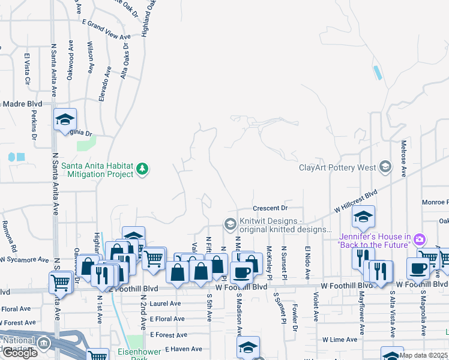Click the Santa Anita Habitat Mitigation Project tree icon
pyautogui.click(x=142, y=169)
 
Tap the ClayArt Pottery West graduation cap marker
pyautogui.click(x=385, y=167)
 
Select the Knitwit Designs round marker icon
pyautogui.click(x=230, y=224)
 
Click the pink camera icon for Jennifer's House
pyautogui.click(x=420, y=240)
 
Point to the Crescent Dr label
pyautogui.click(x=271, y=208)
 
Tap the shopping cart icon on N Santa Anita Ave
pyautogui.click(x=61, y=282)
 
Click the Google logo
pyautogui.click(x=20, y=352)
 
